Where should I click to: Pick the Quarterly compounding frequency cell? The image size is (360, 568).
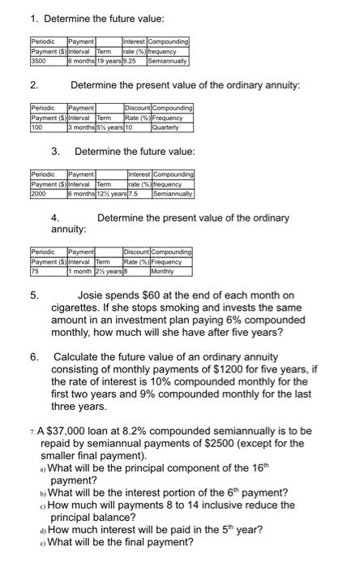[x=165, y=127]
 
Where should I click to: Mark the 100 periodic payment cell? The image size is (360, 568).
[x=36, y=127]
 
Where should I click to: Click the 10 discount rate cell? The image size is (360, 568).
[x=127, y=127]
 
